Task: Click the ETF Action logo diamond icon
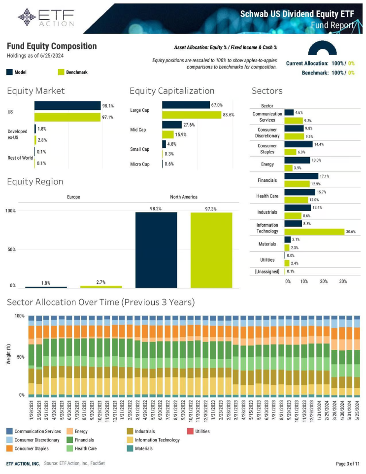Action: coord(27,17)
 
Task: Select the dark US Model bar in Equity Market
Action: coord(67,106)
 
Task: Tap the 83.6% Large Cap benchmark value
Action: coord(229,115)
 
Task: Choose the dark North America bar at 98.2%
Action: coord(156,249)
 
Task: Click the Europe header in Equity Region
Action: coord(73,197)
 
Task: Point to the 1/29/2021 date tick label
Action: coord(32,414)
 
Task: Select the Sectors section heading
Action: coord(267,91)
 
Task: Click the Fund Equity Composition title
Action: coord(52,46)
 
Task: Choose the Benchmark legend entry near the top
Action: coord(76,72)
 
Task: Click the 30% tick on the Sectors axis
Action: coord(343,281)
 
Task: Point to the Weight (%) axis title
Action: coord(9,355)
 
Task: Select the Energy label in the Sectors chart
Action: coord(267,164)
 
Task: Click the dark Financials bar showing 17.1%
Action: coord(301,176)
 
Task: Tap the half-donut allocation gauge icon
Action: coord(322,48)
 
